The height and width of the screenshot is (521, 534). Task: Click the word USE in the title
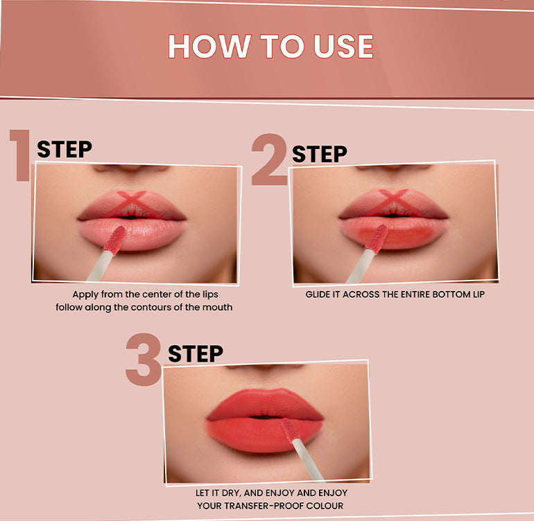point(343,46)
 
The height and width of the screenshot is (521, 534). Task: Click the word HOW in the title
point(209,46)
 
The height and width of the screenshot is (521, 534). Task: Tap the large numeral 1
point(20,154)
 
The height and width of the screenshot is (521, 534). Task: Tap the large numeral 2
point(270,159)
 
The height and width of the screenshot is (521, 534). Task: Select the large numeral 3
point(144,360)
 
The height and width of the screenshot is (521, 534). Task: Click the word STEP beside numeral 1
point(64,149)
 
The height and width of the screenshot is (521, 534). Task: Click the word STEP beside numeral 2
point(320,154)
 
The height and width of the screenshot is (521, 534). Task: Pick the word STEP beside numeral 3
point(196,353)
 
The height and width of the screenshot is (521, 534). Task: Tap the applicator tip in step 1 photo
point(114,240)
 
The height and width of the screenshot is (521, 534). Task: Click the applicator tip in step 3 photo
point(291,430)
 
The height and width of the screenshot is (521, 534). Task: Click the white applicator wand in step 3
point(308,460)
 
